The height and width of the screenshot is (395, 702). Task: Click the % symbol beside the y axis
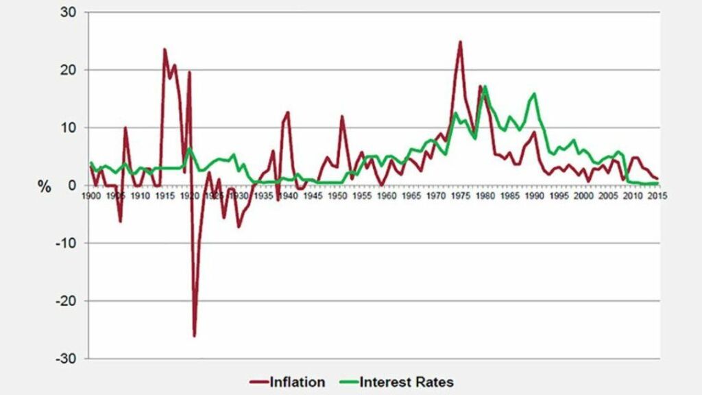coord(45,187)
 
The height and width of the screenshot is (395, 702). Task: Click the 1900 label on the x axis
coord(91,195)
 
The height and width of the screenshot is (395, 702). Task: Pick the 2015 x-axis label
coord(657,195)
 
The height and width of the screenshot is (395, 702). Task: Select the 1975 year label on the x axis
coord(460,195)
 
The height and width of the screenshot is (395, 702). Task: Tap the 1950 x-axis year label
coord(337,195)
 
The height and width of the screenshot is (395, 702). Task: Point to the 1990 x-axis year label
coord(534,195)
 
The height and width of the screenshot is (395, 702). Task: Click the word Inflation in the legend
coord(298,382)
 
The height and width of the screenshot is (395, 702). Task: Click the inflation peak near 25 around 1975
coord(460,42)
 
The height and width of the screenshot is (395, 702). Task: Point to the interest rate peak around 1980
coord(485,86)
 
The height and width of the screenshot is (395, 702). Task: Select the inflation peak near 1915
coord(165,49)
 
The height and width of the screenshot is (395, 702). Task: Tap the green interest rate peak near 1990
coord(534,94)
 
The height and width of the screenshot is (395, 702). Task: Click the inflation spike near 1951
coord(342,117)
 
